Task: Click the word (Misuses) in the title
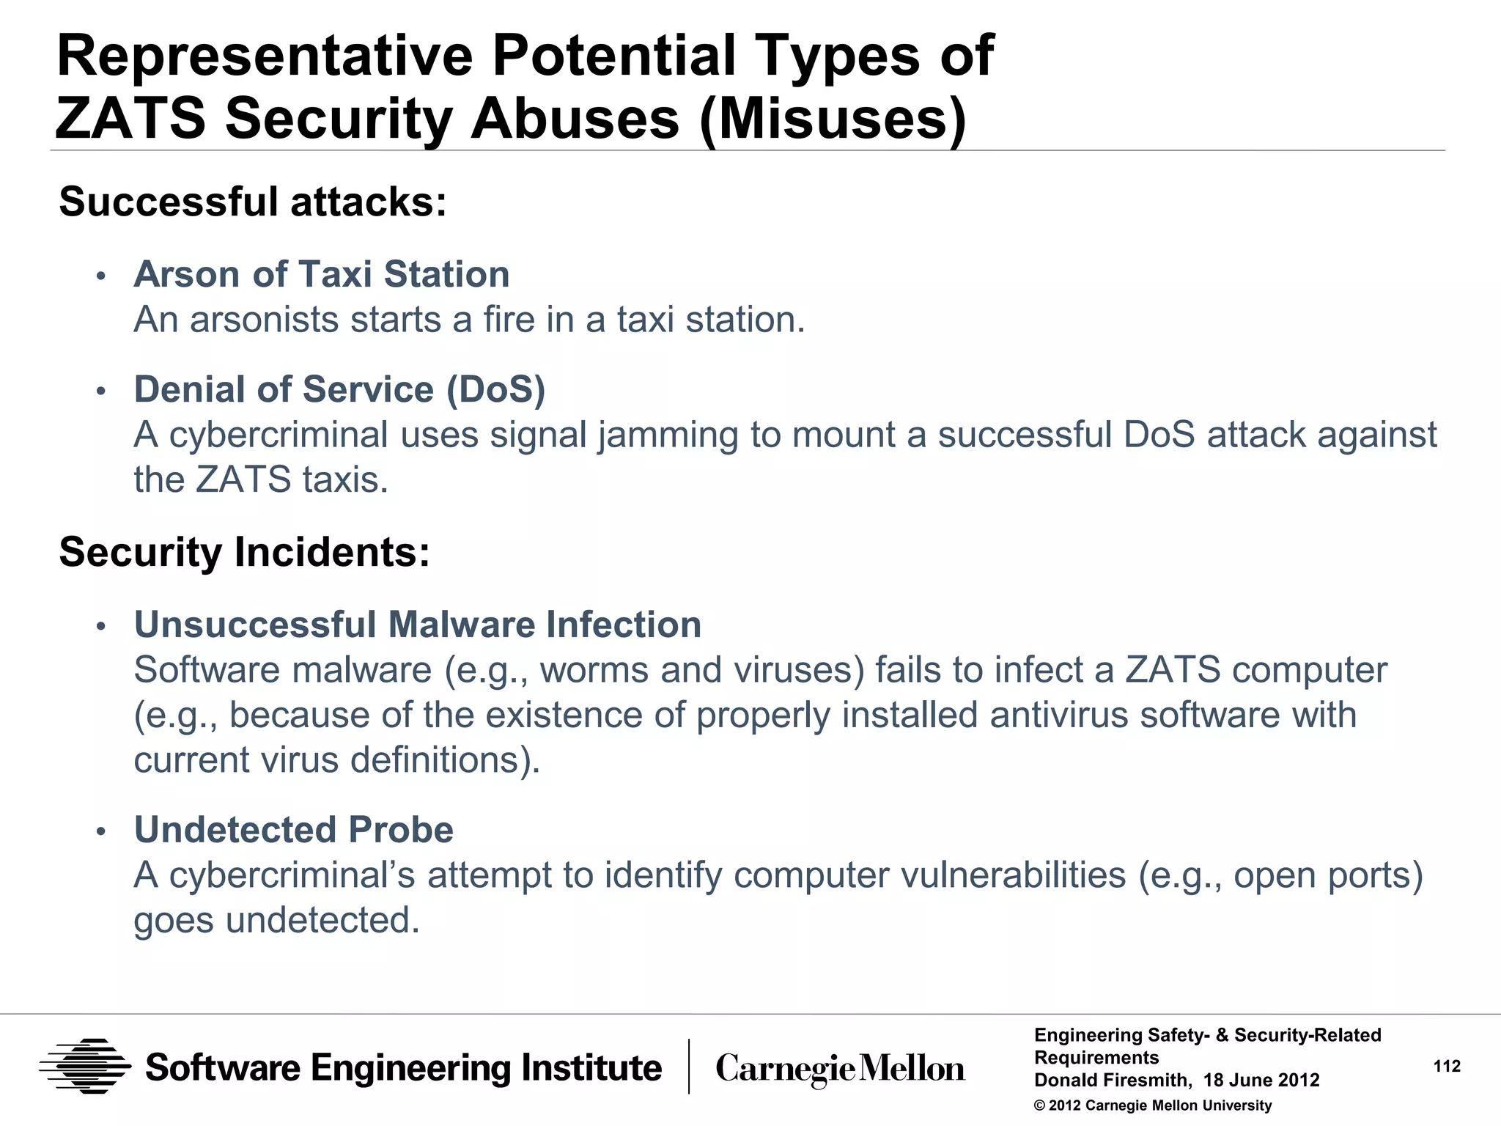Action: [x=833, y=119]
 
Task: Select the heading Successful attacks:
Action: [x=253, y=202]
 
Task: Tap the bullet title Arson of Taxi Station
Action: [x=322, y=275]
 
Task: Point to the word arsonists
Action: [x=264, y=320]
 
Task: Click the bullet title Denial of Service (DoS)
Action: [x=339, y=389]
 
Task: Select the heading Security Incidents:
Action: [x=244, y=552]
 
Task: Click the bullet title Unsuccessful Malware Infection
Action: [x=418, y=625]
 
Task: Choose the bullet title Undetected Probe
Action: [x=294, y=830]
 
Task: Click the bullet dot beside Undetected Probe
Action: [x=102, y=832]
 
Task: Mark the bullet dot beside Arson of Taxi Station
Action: [x=102, y=277]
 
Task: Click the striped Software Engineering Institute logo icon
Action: [x=85, y=1067]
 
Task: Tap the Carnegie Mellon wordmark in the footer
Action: [x=840, y=1069]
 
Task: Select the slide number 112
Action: [x=1447, y=1067]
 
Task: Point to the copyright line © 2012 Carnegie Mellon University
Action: [x=1153, y=1105]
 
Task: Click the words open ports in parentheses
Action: [x=1323, y=875]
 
